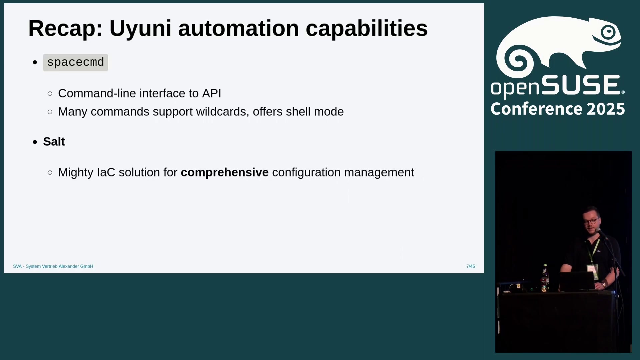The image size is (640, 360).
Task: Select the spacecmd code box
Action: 75,62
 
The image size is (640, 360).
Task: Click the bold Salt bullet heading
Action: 54,142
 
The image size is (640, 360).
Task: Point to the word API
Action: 212,93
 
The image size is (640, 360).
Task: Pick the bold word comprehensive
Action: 225,172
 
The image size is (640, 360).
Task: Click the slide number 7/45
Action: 471,266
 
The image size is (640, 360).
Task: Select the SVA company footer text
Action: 53,266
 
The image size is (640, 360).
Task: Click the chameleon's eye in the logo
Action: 609,32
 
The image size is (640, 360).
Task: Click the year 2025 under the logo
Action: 606,109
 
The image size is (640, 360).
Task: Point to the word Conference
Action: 537,109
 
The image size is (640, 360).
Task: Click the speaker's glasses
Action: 590,221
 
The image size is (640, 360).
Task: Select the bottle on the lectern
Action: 545,278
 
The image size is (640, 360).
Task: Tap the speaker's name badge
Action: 592,271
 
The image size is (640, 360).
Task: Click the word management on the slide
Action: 379,172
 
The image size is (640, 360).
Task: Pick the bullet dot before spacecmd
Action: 35,62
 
